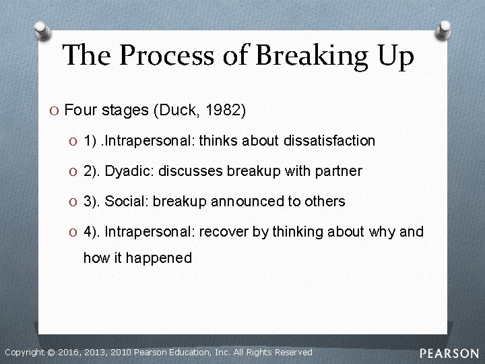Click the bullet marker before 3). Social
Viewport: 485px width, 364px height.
coord(73,202)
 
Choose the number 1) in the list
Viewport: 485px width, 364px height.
coord(90,140)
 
